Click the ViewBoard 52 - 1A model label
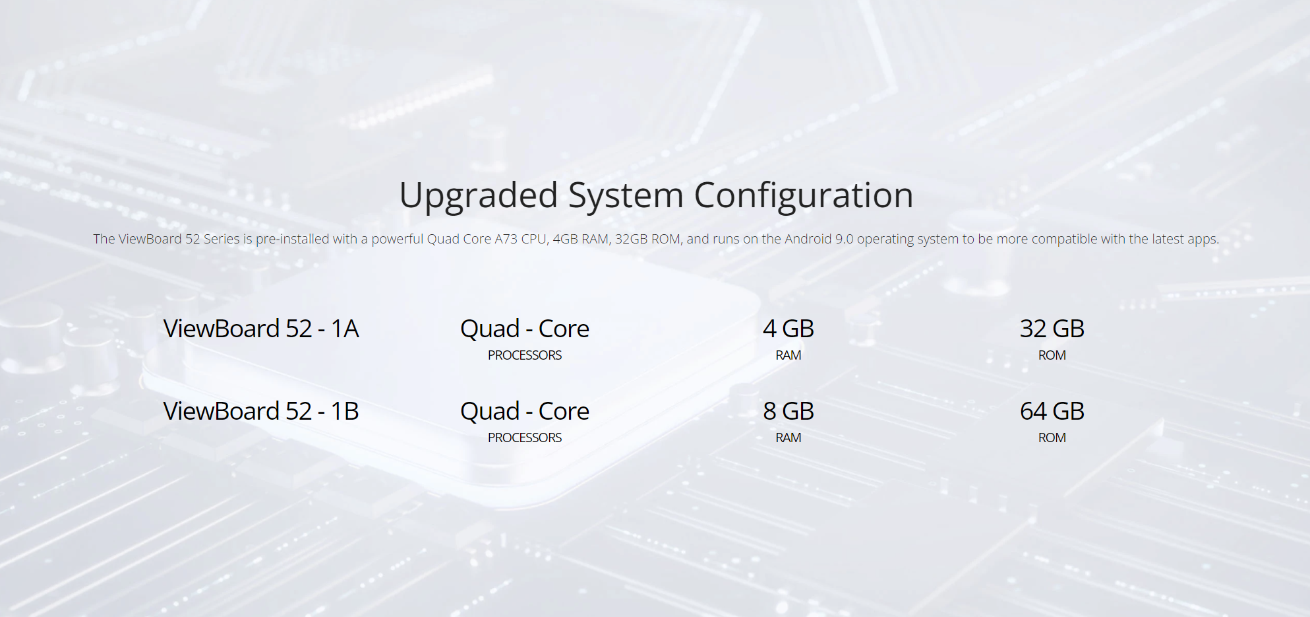pos(261,329)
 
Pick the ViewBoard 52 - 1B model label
pos(261,411)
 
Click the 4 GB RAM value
pos(789,329)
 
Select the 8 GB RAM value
pos(789,411)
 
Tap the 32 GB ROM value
pos(1052,329)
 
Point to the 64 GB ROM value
pos(1052,411)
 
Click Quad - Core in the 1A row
pos(525,329)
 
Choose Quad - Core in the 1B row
pos(525,411)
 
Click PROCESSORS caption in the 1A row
pos(525,355)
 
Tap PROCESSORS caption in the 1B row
pos(525,438)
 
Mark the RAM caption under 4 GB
pos(789,355)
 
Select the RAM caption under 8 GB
pos(789,438)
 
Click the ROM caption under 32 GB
pos(1052,355)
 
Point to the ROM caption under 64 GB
pos(1052,438)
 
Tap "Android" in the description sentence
pos(808,239)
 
